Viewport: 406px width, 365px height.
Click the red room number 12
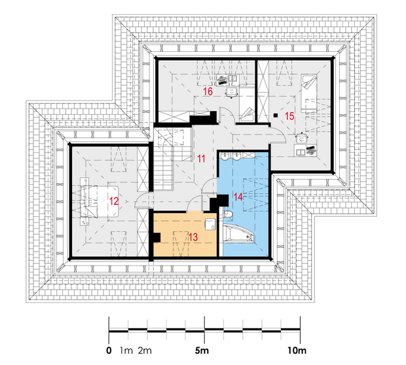[x=114, y=201]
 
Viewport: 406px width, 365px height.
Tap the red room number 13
[x=193, y=237]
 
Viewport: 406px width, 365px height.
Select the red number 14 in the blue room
[x=238, y=197]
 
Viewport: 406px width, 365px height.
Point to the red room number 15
[x=289, y=116]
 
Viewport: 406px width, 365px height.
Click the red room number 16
[x=208, y=91]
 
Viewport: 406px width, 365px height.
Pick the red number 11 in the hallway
[x=201, y=159]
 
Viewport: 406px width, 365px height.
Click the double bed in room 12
[x=100, y=201]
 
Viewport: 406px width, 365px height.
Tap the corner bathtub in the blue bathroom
[x=239, y=234]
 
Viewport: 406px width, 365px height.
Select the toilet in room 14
[x=227, y=215]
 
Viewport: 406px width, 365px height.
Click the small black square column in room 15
[x=276, y=115]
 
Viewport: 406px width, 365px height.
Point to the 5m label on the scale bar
[x=202, y=351]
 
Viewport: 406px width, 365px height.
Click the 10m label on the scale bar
[x=297, y=351]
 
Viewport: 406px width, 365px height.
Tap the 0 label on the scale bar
[x=109, y=351]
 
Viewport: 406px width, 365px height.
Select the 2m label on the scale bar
[x=145, y=351]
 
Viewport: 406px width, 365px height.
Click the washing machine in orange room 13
[x=210, y=224]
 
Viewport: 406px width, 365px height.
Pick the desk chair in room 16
[x=231, y=92]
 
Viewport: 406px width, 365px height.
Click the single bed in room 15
[x=308, y=93]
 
